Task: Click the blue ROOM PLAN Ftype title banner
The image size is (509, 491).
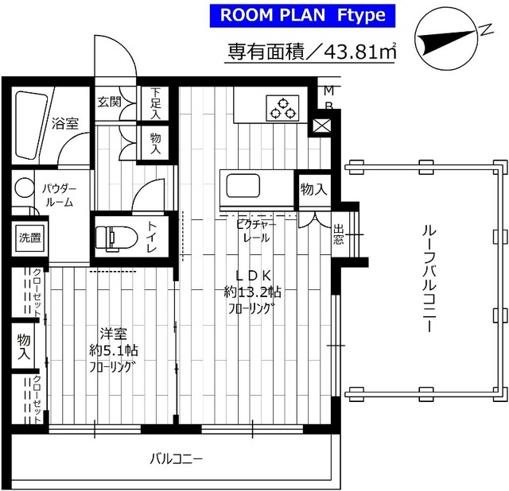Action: (x=302, y=16)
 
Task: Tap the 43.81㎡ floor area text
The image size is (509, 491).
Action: (x=359, y=51)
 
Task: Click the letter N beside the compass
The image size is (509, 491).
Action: (x=486, y=29)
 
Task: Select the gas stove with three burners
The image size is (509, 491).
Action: (x=282, y=108)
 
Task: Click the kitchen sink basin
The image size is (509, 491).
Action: (x=243, y=186)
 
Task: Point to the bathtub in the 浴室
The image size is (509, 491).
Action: (x=31, y=126)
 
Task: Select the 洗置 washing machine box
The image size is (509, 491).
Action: (x=30, y=238)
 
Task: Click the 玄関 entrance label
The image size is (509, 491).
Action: (x=110, y=102)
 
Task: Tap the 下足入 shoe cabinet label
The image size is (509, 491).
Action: (x=156, y=103)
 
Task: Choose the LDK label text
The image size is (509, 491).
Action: (x=253, y=276)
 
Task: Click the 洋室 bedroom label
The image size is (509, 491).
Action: (x=113, y=334)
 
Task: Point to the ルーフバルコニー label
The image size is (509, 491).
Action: (x=429, y=279)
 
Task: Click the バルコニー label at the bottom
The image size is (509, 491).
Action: (x=177, y=459)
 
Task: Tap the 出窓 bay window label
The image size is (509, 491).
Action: (x=338, y=234)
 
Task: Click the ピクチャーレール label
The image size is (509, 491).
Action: (x=256, y=231)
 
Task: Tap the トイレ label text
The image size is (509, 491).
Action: (x=152, y=237)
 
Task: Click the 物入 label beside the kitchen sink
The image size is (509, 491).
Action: (x=314, y=189)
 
